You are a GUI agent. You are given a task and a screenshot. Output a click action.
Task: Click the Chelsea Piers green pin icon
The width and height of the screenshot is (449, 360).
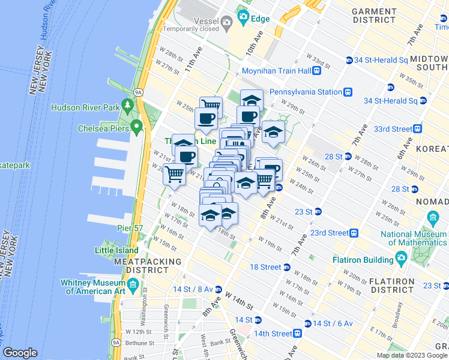(x=137, y=127)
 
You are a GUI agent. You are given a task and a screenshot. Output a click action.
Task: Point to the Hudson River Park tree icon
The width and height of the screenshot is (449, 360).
(x=127, y=106)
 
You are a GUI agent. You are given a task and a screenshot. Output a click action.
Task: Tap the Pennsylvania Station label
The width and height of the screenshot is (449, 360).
(x=304, y=92)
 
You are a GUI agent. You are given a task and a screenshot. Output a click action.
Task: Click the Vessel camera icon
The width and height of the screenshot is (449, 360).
(x=226, y=23)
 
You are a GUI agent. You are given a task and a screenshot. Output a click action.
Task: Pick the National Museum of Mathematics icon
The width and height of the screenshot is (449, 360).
(x=432, y=217)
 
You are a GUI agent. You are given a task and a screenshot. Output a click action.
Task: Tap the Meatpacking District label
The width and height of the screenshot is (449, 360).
(x=148, y=266)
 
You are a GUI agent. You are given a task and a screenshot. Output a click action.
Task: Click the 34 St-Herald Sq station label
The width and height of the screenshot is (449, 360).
(x=380, y=60)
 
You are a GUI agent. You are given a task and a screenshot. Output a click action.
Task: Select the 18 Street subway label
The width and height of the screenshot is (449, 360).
(x=265, y=267)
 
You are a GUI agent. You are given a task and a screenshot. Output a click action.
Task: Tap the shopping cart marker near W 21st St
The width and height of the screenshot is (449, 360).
(x=174, y=175)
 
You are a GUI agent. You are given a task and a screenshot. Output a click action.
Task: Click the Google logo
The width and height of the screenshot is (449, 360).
(x=20, y=353)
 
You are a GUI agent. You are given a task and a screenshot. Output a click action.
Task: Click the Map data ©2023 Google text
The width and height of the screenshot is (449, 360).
(x=412, y=355)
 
